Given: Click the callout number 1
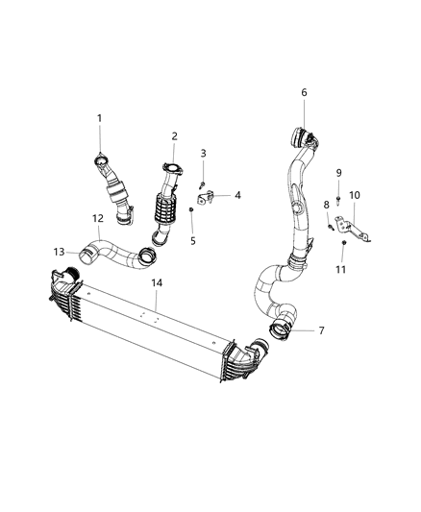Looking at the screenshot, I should point(98,118).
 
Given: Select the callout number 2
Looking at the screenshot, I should point(175,135).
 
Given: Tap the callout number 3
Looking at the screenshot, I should point(203,153).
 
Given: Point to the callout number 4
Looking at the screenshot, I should point(237,196).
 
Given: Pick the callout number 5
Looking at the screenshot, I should point(193,240).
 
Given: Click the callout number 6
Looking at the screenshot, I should point(304,92).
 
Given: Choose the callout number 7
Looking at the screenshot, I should point(321,331).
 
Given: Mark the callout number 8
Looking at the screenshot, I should point(326,205).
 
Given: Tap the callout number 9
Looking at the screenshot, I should point(338,172).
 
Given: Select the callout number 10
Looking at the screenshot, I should point(355,195).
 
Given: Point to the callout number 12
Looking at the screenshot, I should point(98,219).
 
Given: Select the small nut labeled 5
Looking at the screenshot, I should point(192,209).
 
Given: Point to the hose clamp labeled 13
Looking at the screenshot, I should point(89,256).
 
